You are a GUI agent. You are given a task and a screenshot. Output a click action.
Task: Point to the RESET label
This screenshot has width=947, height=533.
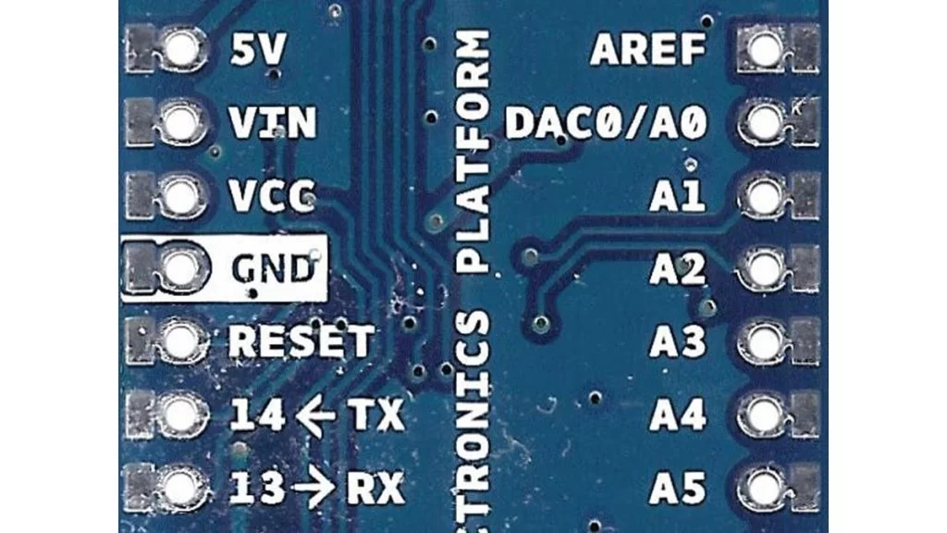click(x=301, y=341)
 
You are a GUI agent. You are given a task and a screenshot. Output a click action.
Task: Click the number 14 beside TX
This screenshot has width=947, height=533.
click(x=257, y=415)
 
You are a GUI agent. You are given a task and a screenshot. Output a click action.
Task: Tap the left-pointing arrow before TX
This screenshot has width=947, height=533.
click(x=316, y=415)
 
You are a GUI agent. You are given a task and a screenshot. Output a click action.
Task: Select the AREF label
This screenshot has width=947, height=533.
click(x=647, y=50)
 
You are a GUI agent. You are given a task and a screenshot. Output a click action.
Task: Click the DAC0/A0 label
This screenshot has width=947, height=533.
click(x=606, y=122)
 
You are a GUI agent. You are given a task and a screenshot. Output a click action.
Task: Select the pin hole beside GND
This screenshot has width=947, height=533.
click(x=181, y=266)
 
